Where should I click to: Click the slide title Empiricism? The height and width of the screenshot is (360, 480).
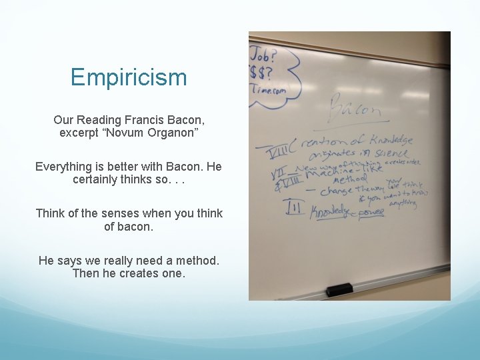[129, 77]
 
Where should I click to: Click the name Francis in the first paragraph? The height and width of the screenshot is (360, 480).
[144, 120]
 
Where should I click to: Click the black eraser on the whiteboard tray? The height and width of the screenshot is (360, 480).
[339, 289]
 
